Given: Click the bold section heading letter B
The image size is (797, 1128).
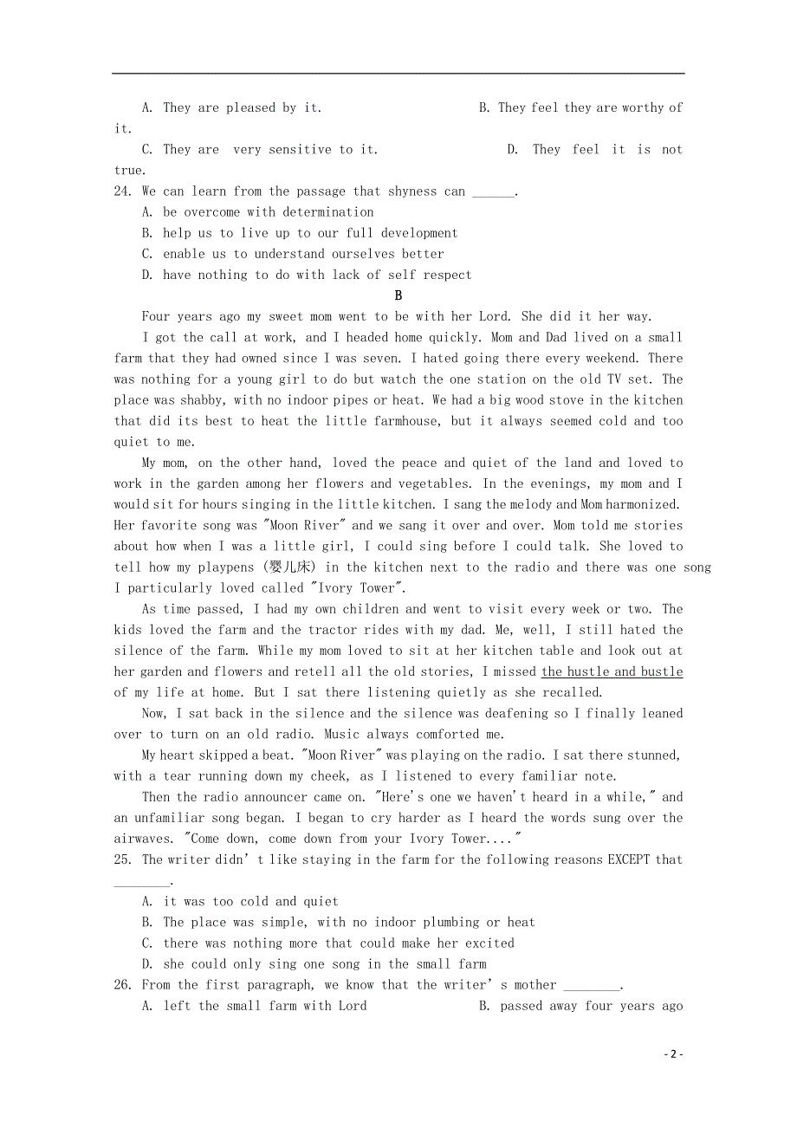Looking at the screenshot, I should pyautogui.click(x=398, y=295).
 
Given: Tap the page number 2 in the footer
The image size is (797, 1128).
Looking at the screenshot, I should pyautogui.click(x=674, y=1054).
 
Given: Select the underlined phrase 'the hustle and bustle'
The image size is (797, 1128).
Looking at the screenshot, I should pyautogui.click(x=612, y=671).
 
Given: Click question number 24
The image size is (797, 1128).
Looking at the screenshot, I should pyautogui.click(x=122, y=191).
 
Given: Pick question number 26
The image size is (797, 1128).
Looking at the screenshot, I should pyautogui.click(x=122, y=985).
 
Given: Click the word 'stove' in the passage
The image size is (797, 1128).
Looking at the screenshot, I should pyautogui.click(x=522, y=400).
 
